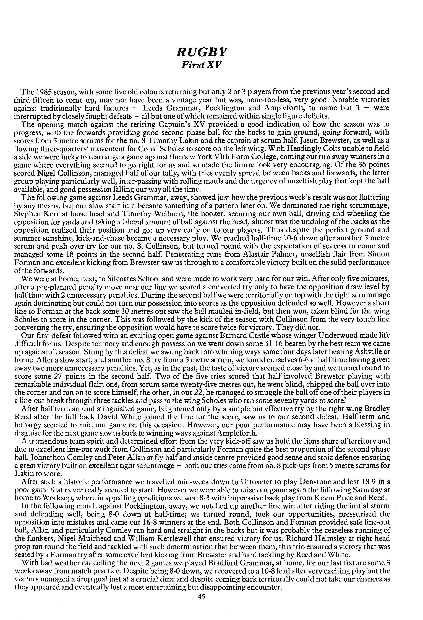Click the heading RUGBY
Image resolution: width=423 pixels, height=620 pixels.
point(202,52)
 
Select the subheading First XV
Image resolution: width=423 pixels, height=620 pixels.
point(202,65)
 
